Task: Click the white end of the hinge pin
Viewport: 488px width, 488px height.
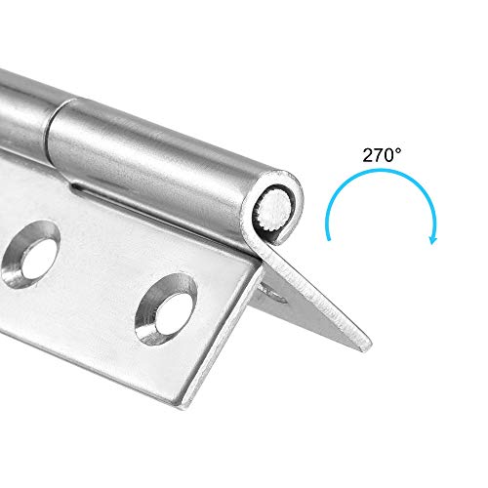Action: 277,207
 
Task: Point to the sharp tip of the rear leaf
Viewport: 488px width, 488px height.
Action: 369,344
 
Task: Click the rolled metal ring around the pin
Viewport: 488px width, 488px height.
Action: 262,217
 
